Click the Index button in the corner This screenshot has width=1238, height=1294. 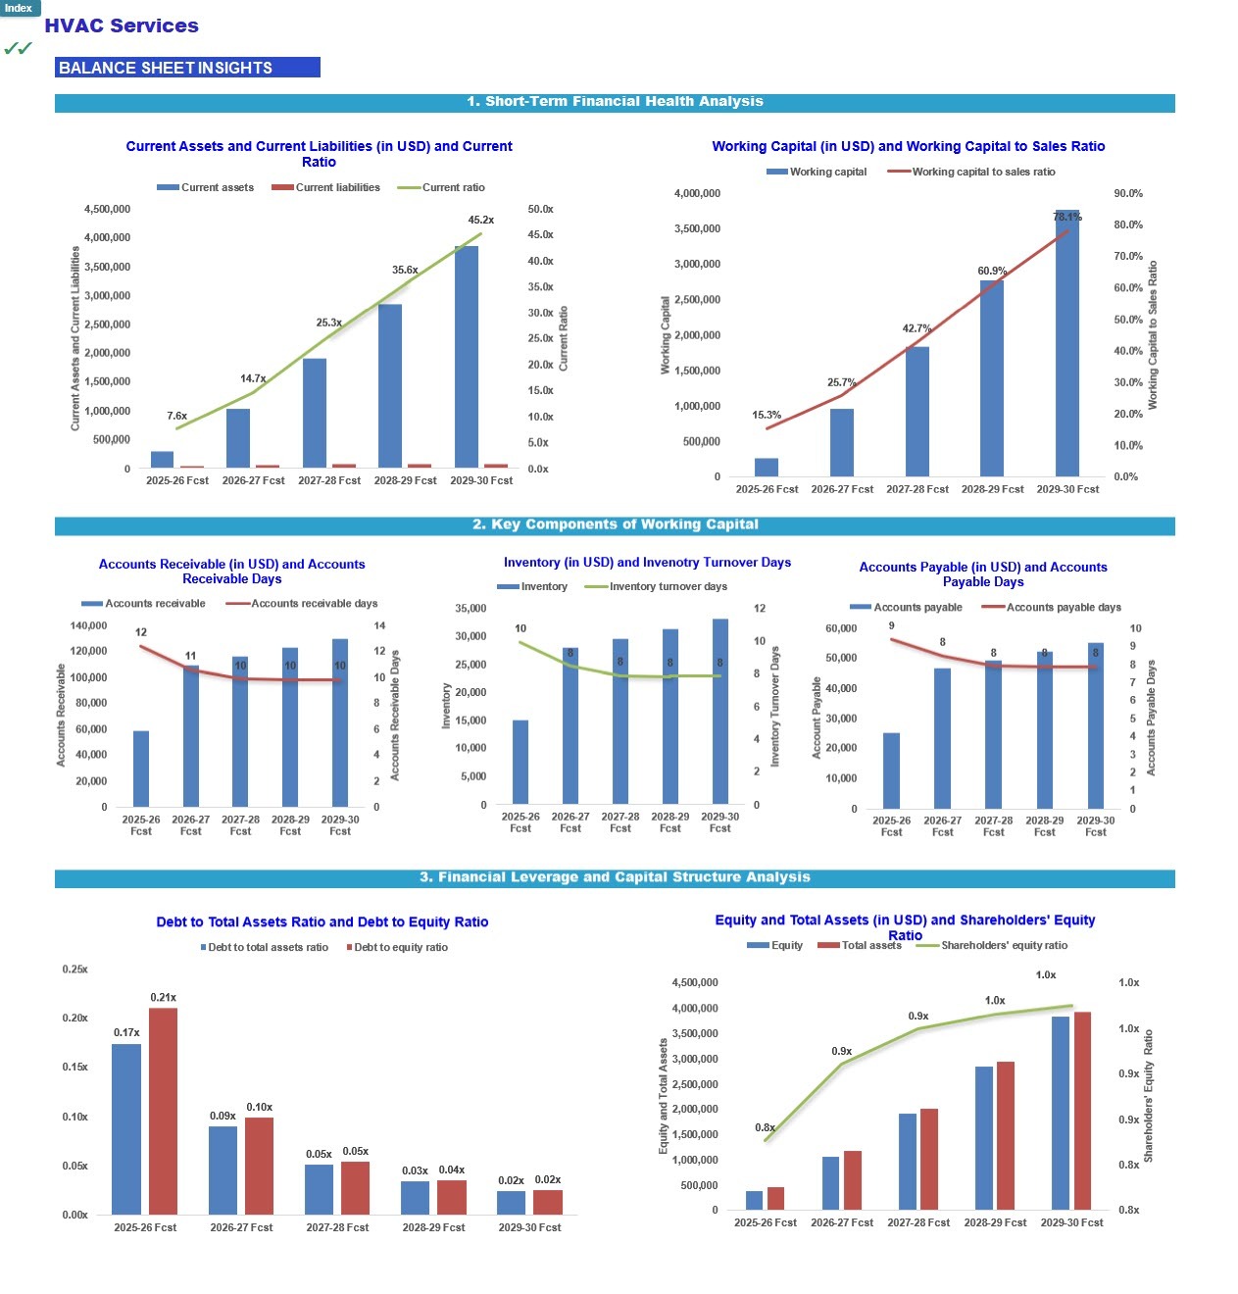tap(19, 8)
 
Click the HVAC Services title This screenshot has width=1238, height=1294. tap(122, 26)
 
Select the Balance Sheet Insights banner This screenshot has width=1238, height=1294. tap(187, 68)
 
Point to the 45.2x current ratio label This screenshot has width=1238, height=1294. tap(480, 221)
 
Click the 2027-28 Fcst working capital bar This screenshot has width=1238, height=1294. tap(917, 412)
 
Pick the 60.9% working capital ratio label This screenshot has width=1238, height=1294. tap(992, 272)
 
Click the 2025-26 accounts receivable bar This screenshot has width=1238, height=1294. tap(141, 770)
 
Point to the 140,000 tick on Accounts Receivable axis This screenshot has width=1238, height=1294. tap(89, 626)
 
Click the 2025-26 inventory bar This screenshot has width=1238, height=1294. tap(520, 763)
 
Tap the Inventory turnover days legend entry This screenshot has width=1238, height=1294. tap(668, 587)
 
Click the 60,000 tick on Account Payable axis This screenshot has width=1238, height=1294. tap(840, 629)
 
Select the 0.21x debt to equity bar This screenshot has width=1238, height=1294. tap(163, 1112)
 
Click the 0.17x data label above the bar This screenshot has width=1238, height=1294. tap(126, 1033)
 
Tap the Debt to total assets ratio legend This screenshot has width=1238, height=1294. tap(268, 948)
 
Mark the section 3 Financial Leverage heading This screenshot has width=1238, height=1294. tap(615, 878)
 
